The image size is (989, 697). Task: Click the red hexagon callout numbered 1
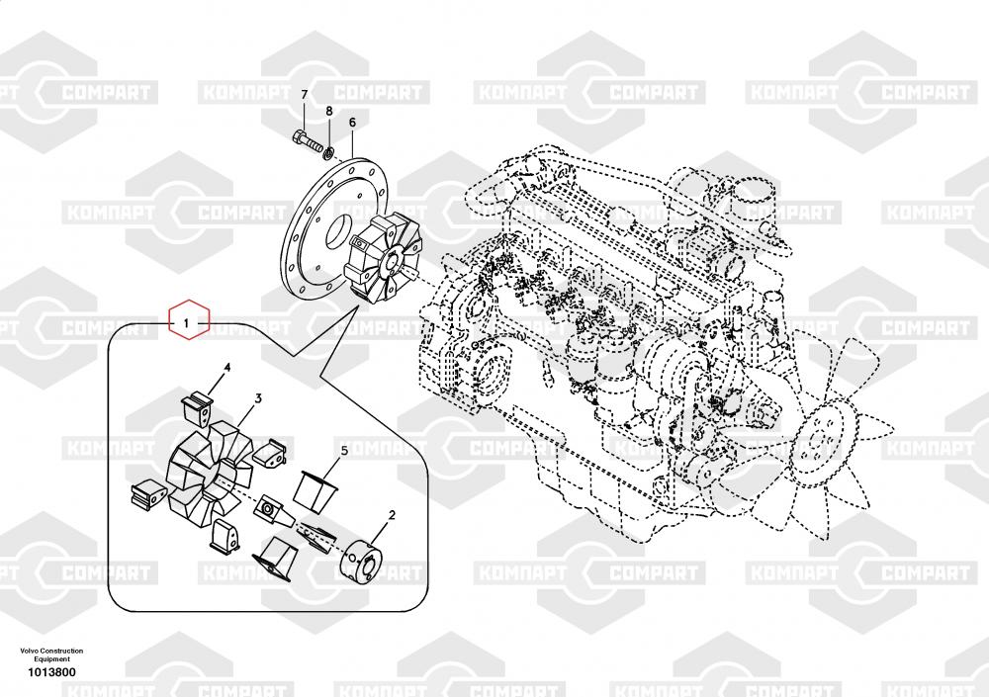pyautogui.click(x=188, y=322)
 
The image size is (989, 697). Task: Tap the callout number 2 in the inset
pyautogui.click(x=392, y=514)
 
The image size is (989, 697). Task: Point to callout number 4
pyautogui.click(x=226, y=368)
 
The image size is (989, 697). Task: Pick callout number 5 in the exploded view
pyautogui.click(x=344, y=450)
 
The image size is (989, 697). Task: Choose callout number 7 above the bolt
pyautogui.click(x=305, y=95)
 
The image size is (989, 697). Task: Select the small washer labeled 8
pyautogui.click(x=328, y=151)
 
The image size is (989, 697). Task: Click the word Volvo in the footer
pyautogui.click(x=29, y=651)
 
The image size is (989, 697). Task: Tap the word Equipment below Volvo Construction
pyautogui.click(x=51, y=659)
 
